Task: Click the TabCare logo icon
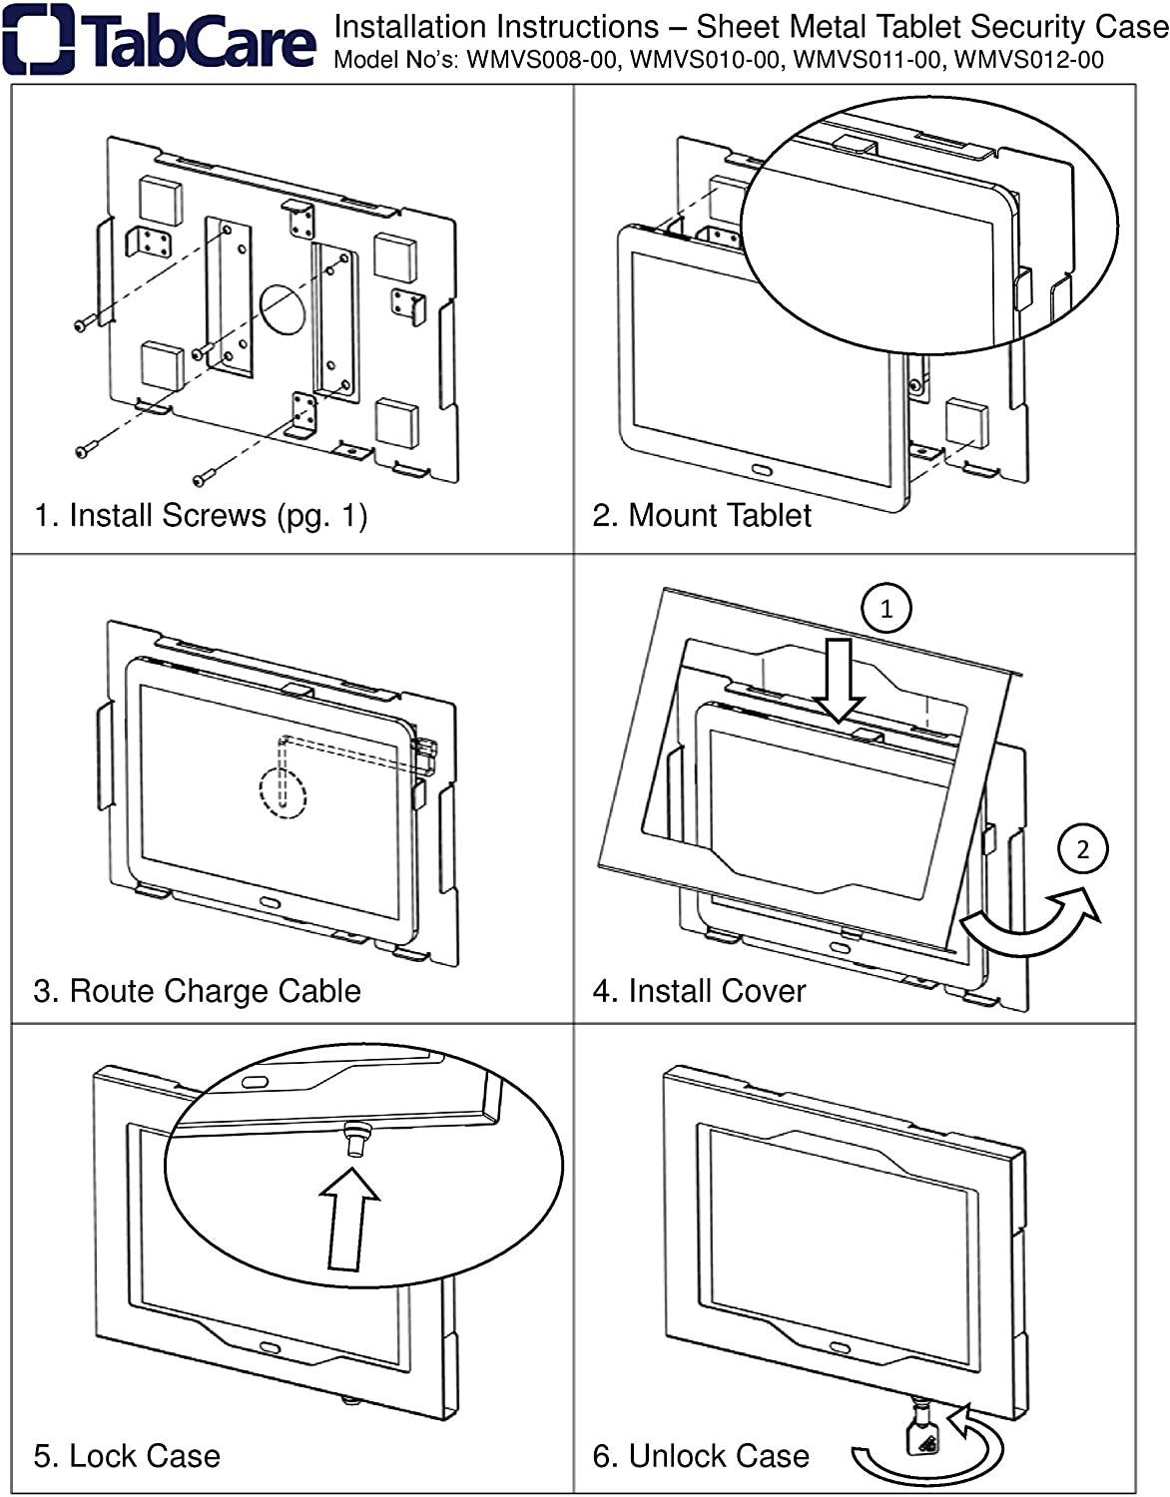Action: (37, 40)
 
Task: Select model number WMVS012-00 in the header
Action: (1029, 60)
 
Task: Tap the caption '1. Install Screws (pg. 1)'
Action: (201, 515)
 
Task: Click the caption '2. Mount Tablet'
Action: (702, 515)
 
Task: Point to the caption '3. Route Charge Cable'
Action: (197, 991)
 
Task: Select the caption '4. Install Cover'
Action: (699, 991)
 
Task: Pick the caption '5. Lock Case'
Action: (127, 1456)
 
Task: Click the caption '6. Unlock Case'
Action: (701, 1456)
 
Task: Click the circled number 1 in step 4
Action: (886, 608)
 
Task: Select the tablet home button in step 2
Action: (761, 470)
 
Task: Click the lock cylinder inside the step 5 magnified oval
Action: (354, 1137)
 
